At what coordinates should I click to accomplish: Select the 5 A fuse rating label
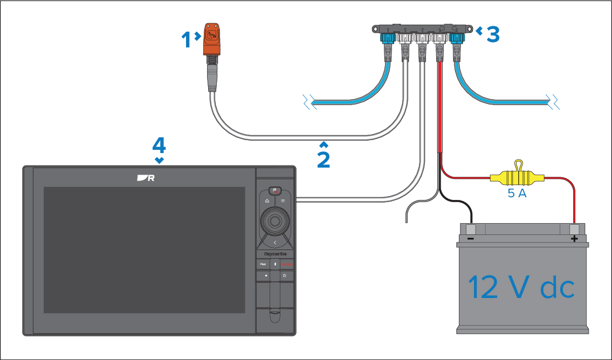[517, 193]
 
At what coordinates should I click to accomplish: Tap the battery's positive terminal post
[574, 229]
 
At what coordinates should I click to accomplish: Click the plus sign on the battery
[574, 239]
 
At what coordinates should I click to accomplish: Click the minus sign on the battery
[470, 239]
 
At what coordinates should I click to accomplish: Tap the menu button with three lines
[283, 200]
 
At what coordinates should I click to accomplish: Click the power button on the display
[284, 276]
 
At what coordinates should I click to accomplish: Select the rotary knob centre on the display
[274, 221]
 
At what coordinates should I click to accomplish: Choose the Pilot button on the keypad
[263, 264]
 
